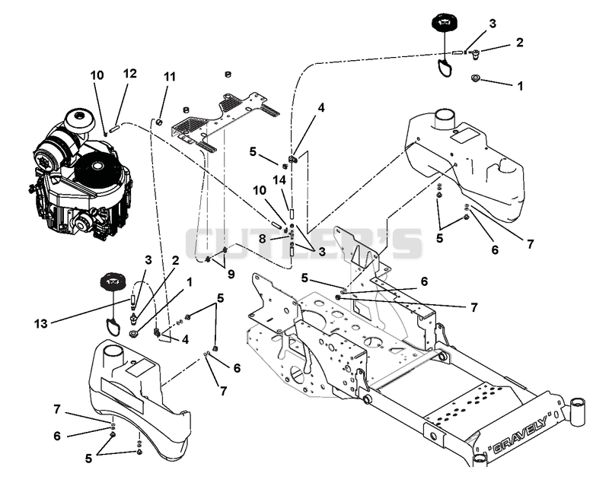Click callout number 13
[41, 323]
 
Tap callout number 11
[169, 77]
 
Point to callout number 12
[130, 73]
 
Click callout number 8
[262, 239]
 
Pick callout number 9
[231, 275]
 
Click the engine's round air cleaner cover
[80, 120]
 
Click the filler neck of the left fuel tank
[113, 354]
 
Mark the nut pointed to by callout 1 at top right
[474, 78]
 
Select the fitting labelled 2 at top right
[474, 53]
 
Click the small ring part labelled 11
[159, 122]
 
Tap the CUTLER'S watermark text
[303, 243]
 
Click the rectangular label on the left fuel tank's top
[140, 368]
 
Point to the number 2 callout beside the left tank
[176, 260]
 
